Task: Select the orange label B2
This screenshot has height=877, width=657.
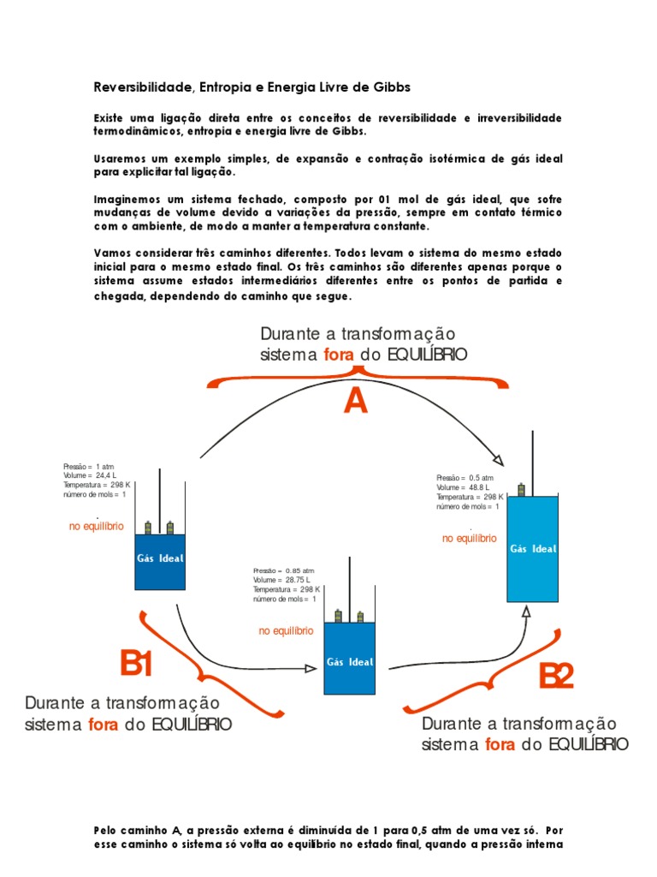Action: pyautogui.click(x=556, y=677)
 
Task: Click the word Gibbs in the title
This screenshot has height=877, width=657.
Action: pyautogui.click(x=391, y=87)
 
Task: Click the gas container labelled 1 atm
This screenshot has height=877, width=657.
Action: pyautogui.click(x=160, y=561)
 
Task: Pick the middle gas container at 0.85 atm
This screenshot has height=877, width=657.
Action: pyautogui.click(x=349, y=658)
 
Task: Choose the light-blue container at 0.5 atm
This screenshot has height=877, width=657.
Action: pyautogui.click(x=532, y=548)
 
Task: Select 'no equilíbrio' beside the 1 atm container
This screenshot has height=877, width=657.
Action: pyautogui.click(x=97, y=526)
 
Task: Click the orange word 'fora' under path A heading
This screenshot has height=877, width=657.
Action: pyautogui.click(x=336, y=355)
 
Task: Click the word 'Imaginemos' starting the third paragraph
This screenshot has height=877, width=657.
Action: pyautogui.click(x=119, y=199)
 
